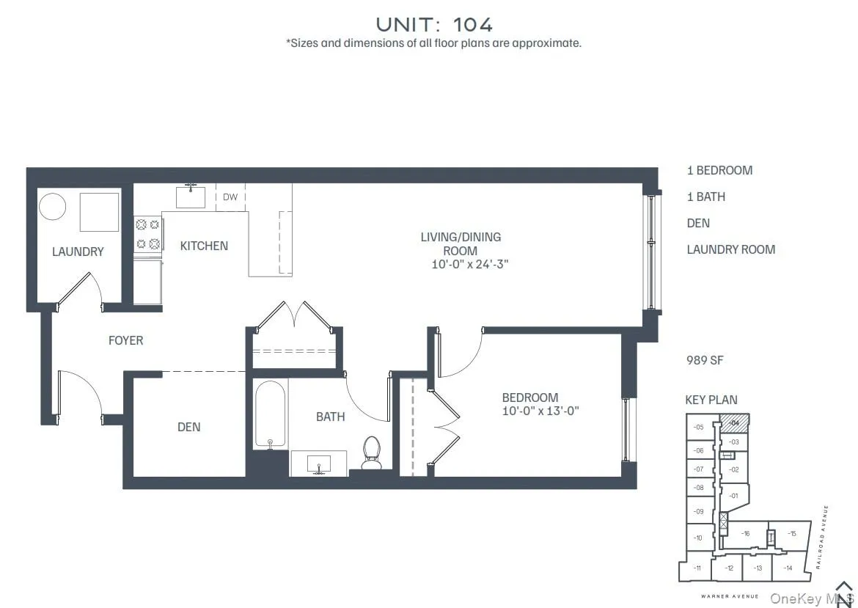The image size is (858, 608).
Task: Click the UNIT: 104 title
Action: [x=434, y=23]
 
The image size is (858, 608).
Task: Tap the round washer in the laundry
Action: [x=52, y=206]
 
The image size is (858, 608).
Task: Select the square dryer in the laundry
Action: [x=99, y=212]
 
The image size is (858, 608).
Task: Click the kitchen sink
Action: [x=191, y=197]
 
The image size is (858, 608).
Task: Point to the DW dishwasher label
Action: [x=230, y=197]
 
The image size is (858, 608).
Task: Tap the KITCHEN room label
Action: [x=204, y=246]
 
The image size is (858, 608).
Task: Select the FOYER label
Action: [x=125, y=340]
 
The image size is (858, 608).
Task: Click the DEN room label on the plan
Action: [x=188, y=427]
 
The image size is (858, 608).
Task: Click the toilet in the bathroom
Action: [x=372, y=452]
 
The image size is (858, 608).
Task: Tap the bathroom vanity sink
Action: [x=319, y=464]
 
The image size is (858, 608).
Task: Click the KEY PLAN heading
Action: [x=711, y=400]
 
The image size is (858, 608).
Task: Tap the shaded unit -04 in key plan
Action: [x=736, y=422]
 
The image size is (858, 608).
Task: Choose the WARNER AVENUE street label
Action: [x=729, y=596]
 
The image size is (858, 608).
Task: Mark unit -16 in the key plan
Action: [x=745, y=534]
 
